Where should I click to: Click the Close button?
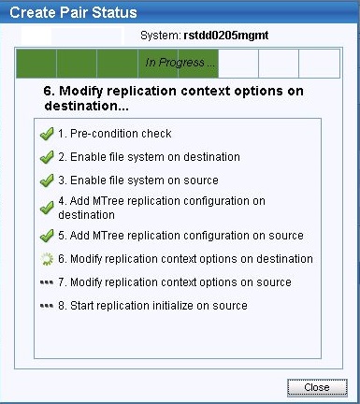pos(317,385)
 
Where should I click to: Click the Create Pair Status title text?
pos(69,13)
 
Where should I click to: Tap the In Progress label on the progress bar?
pos(180,63)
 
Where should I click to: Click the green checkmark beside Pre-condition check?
pos(47,134)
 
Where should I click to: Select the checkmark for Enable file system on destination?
pos(47,157)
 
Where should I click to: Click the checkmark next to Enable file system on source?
pos(47,180)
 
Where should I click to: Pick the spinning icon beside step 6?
pos(47,259)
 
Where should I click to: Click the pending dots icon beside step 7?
pos(47,282)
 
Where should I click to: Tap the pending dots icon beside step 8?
pos(47,306)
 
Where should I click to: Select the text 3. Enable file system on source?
pos(137,180)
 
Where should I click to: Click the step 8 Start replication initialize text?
pos(152,306)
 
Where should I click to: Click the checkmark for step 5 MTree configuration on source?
pos(47,236)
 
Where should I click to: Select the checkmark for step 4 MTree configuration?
pos(47,207)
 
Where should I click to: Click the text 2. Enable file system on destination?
pos(149,157)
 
